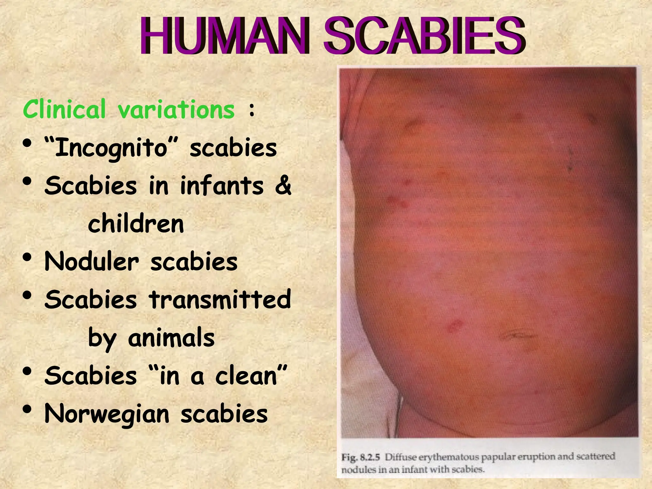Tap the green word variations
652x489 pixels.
coord(176,109)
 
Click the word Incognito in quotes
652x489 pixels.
coord(111,148)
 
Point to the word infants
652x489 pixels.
coord(222,186)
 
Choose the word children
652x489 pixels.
coord(136,223)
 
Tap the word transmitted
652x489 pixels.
coord(220,299)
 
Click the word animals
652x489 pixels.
coord(171,337)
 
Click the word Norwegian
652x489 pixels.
coord(107,414)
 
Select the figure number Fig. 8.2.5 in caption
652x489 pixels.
coord(361,457)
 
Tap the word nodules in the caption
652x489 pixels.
coord(354,469)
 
